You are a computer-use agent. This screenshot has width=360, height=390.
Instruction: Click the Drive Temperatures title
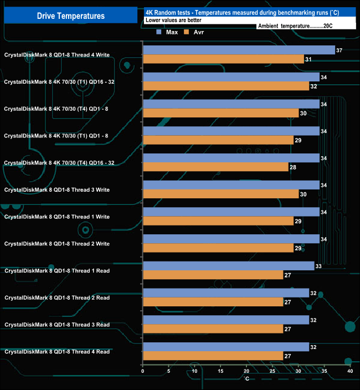point(70,16)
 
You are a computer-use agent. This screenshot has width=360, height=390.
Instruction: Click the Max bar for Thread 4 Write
point(239,50)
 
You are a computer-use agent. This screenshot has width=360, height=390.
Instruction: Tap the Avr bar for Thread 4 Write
point(223,59)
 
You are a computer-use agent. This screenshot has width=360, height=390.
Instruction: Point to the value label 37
point(340,50)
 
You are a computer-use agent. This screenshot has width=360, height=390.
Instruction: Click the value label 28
point(293,167)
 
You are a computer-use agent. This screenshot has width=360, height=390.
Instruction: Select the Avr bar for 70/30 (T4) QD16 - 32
point(215,167)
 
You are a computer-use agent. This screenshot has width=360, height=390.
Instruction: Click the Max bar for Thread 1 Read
point(228,266)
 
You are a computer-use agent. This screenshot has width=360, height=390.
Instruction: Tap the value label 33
point(318,266)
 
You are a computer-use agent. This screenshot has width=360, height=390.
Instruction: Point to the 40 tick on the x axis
point(349,371)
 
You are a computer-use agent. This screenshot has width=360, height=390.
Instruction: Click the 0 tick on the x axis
point(143,371)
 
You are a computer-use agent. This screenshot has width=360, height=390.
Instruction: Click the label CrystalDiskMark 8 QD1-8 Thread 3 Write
point(57,190)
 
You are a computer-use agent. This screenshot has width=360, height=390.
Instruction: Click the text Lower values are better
point(173,20)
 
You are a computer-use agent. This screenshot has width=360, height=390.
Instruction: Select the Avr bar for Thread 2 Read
point(213,302)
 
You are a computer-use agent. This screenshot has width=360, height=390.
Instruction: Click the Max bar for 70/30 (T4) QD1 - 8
point(231,104)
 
